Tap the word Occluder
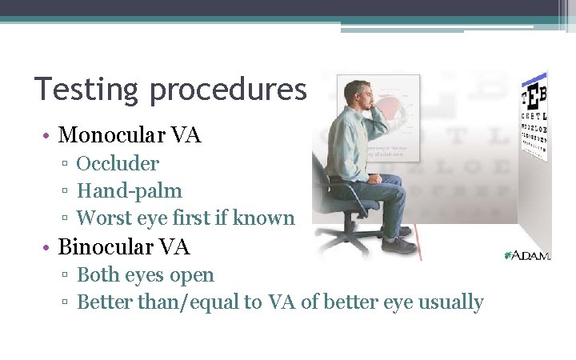(x=118, y=164)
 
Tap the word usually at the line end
(x=450, y=302)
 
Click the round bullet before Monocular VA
(x=50, y=135)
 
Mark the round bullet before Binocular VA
(x=50, y=246)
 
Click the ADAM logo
(x=527, y=255)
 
